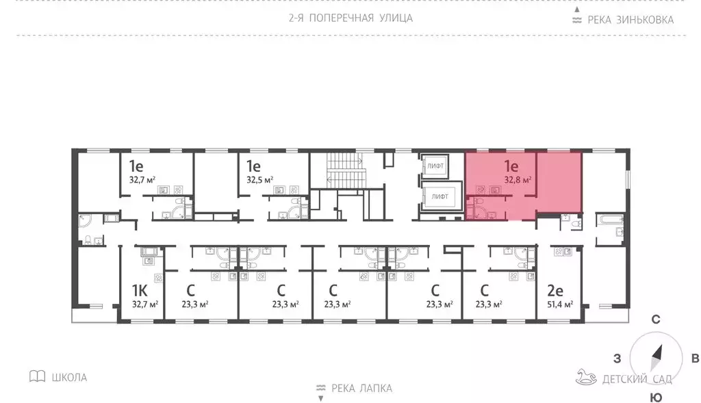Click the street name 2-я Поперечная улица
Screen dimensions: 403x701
[x=350, y=18]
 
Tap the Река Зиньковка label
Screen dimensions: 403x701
[x=630, y=20]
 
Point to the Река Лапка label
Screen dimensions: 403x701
[x=361, y=389]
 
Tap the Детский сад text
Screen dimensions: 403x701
[x=637, y=379]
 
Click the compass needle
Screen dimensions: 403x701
[x=657, y=355]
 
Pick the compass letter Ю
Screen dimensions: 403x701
[x=655, y=397]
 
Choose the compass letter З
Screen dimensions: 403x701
[x=617, y=359]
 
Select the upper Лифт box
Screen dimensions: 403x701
[x=435, y=166]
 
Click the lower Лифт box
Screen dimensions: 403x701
[x=439, y=197]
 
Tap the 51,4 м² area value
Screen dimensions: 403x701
[x=559, y=304]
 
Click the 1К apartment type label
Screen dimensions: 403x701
[x=140, y=291]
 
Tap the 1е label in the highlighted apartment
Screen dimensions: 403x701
[x=511, y=166]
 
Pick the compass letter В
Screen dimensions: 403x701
[x=694, y=359]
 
